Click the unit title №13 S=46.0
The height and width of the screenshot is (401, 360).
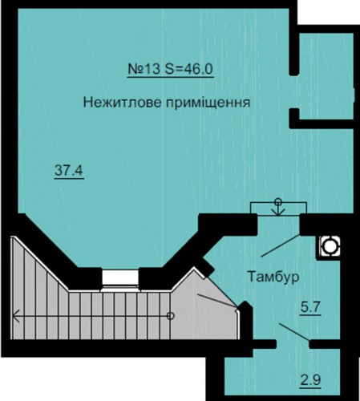(170, 69)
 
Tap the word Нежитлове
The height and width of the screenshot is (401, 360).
(122, 103)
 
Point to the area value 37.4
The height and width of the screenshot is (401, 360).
(69, 170)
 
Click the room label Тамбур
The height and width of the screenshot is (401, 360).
(273, 277)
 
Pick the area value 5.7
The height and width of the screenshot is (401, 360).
(310, 308)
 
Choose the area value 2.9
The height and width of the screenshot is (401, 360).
(310, 380)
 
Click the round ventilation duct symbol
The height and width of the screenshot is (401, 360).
(329, 247)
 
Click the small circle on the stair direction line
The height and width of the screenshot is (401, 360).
(171, 316)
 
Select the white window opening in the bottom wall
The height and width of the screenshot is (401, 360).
(120, 277)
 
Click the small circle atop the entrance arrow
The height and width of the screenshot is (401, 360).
(278, 200)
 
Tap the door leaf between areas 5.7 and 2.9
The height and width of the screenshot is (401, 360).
(295, 332)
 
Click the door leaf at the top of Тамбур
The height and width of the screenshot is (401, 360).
(281, 245)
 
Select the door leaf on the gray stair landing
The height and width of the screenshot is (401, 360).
(216, 300)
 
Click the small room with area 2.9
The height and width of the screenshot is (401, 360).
(282, 375)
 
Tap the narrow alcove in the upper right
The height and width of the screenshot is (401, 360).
(326, 76)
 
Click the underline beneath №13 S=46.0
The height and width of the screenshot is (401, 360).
(171, 77)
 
